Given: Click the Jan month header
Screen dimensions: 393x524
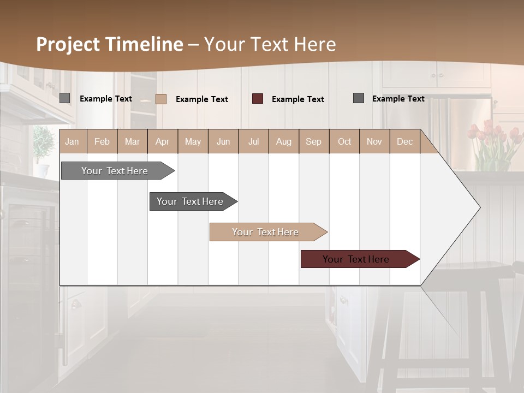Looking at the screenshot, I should pyautogui.click(x=72, y=142).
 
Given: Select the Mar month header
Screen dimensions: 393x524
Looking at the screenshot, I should pyautogui.click(x=132, y=142).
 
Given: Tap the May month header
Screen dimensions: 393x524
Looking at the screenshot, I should pyautogui.click(x=193, y=142).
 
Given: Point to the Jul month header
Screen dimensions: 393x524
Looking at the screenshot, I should pyautogui.click(x=253, y=142).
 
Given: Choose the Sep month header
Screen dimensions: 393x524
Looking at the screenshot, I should pyautogui.click(x=313, y=142).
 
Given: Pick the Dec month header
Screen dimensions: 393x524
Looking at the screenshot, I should pyautogui.click(x=404, y=142).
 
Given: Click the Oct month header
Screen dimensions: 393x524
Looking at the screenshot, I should pyautogui.click(x=344, y=142).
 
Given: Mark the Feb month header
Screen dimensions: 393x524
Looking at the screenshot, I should pyautogui.click(x=102, y=142).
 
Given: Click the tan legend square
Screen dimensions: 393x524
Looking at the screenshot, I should pyautogui.click(x=161, y=99).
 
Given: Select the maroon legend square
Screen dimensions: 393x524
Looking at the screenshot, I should pyautogui.click(x=258, y=99).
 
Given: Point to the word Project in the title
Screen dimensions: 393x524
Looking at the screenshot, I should pyautogui.click(x=68, y=44).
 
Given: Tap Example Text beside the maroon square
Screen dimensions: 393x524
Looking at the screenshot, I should pyautogui.click(x=298, y=99).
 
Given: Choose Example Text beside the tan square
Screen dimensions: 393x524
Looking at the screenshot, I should pyautogui.click(x=202, y=99).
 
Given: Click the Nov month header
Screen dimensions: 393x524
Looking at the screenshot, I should pyautogui.click(x=374, y=142).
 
